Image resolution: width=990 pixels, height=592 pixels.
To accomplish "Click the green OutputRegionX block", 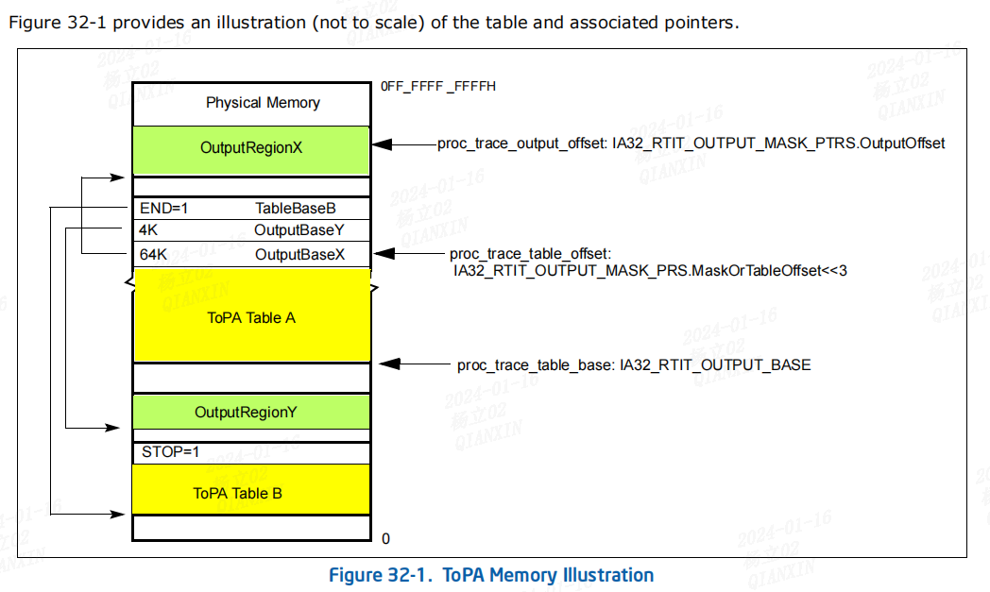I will pos(250,149).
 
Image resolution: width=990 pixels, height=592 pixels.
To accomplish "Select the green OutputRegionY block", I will pos(250,413).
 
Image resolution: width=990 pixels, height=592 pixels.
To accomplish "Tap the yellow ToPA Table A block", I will pos(250,317).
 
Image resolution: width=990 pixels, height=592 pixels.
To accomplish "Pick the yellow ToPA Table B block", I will pos(250,493).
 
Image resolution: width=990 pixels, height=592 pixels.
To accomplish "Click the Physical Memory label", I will pos(263,103).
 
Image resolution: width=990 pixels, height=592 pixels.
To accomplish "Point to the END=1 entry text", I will pos(164,208).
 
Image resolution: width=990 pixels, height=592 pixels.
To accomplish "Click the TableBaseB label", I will pos(296,208).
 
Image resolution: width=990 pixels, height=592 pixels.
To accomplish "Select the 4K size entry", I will pos(148,229).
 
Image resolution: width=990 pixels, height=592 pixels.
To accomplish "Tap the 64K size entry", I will pos(153,255).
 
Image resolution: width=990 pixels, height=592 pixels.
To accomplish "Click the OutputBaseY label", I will pos(299,229).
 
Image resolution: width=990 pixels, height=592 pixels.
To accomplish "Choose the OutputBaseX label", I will pos(299,255).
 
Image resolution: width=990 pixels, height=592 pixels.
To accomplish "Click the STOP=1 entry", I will pos(170,452).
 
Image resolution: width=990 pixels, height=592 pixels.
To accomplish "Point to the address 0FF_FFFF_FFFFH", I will pos(438,86).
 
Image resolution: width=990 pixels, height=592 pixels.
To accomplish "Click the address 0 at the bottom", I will pos(385,538).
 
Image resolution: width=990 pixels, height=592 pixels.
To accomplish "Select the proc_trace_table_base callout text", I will pos(634,364).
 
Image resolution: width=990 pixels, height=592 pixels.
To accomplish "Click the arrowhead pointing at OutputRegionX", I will pos(381,144).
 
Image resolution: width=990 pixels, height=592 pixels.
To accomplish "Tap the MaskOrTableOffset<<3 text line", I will pos(650,270).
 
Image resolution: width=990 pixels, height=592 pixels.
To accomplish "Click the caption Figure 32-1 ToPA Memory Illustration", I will pos(490,575).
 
